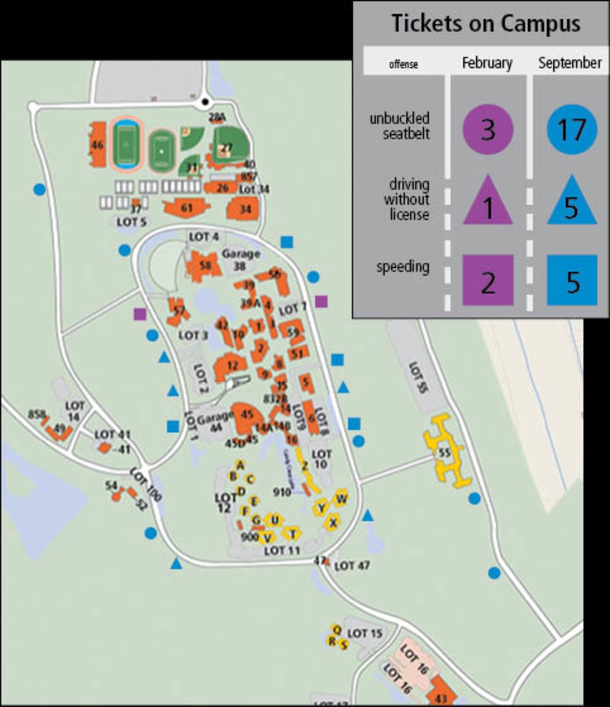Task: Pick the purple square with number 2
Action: pos(488,280)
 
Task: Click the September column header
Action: pos(570,62)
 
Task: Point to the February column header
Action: pos(487,62)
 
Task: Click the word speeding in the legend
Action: pos(403,267)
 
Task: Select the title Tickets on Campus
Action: pos(486,24)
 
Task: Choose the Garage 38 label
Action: pos(240,260)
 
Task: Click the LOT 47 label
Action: pos(352,566)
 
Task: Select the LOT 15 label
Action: pos(365,633)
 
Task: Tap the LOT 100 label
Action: pos(146,484)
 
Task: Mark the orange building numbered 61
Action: pos(186,207)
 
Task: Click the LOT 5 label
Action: pos(131,222)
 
